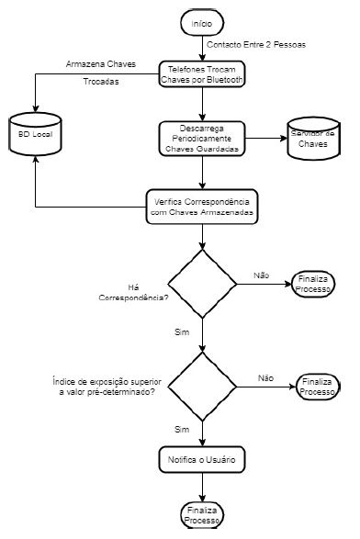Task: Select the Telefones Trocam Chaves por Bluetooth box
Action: click(x=201, y=73)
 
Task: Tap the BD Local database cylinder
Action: click(x=34, y=135)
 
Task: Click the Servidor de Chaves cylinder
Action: click(x=313, y=139)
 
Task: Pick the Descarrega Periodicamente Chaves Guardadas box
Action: click(x=201, y=138)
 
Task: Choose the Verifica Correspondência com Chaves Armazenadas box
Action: click(x=201, y=206)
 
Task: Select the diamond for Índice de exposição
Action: click(x=201, y=387)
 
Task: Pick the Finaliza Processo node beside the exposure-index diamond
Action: click(x=319, y=387)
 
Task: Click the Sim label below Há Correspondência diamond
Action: click(x=181, y=330)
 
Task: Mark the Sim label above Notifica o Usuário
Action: click(x=182, y=428)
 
